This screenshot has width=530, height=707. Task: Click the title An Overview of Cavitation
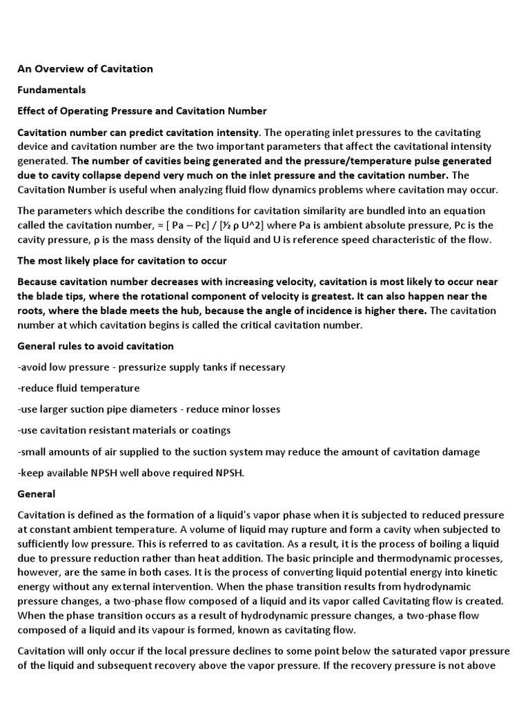[85, 69]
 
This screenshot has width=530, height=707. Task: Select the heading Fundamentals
[52, 90]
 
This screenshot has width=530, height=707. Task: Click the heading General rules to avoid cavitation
[95, 346]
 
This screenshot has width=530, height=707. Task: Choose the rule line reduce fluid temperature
[79, 388]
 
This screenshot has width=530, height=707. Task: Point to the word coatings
[210, 431]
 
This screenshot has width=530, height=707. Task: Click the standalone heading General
[37, 494]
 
